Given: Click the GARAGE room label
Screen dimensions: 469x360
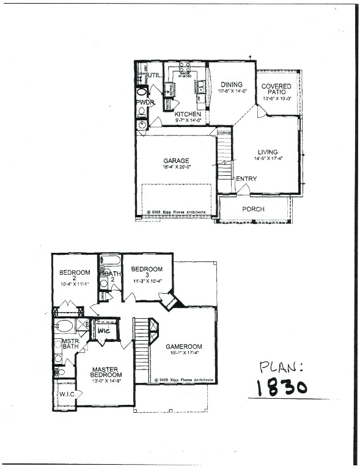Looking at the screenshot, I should (175, 161).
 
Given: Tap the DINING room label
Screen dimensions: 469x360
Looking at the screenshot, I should (231, 85).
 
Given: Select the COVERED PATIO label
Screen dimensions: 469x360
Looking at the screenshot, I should (277, 89).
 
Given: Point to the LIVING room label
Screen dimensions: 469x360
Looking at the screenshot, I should (267, 152).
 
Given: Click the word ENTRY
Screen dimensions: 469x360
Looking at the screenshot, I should (246, 179).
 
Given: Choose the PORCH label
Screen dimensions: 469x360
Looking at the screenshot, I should (253, 209).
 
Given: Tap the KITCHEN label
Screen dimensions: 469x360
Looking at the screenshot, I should (187, 114).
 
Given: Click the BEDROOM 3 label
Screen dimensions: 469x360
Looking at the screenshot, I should (147, 269).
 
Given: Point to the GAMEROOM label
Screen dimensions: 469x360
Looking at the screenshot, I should (183, 347).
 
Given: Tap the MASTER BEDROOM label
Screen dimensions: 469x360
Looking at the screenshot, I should (105, 373).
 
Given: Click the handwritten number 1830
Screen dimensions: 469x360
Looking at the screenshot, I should (281, 387).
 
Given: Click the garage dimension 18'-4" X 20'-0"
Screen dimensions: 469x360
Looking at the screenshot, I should (175, 168).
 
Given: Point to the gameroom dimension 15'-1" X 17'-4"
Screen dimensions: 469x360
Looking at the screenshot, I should (183, 354).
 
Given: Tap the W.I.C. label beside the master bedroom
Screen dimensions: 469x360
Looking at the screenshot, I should (67, 394).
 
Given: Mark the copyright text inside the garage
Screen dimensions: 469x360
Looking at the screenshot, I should (180, 213).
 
